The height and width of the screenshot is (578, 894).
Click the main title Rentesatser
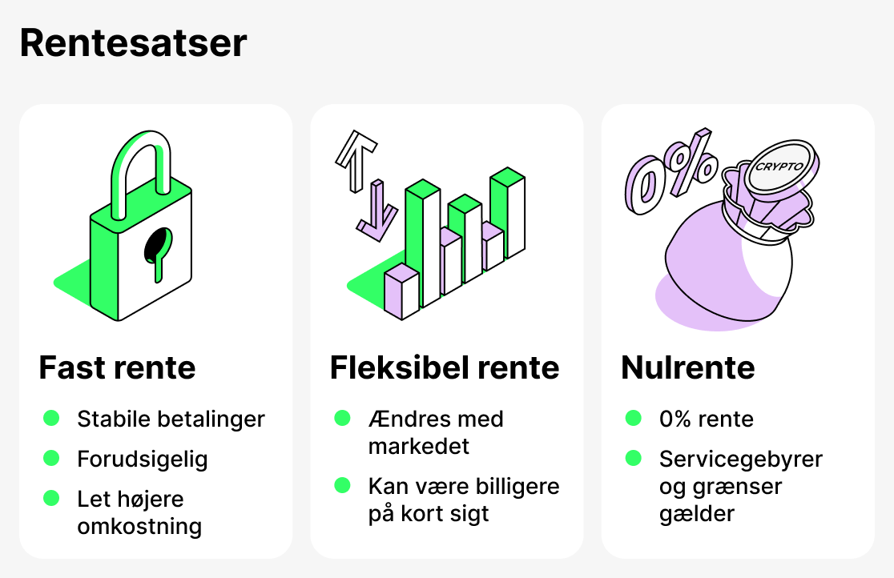click(133, 42)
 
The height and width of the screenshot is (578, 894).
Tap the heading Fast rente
click(117, 367)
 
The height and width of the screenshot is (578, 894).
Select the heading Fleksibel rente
click(445, 367)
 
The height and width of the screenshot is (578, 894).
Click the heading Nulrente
click(687, 367)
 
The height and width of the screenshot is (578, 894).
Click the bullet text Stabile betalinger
click(171, 419)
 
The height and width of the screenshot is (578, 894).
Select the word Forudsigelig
click(143, 460)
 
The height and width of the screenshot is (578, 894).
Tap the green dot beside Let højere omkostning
click(51, 498)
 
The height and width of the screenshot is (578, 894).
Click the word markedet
click(419, 446)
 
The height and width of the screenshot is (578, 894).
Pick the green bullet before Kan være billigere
click(342, 485)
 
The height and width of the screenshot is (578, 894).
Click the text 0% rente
click(706, 419)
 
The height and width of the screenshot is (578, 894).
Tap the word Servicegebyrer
click(740, 460)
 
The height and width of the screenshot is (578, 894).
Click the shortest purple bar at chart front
click(401, 293)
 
